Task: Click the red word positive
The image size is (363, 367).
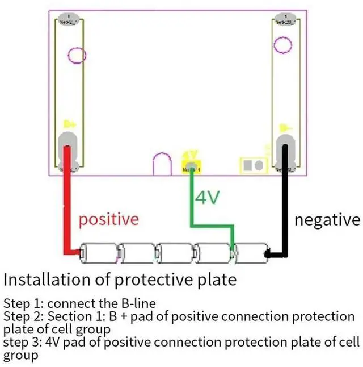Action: pos(108,219)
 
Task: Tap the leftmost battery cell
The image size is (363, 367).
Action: pos(99,253)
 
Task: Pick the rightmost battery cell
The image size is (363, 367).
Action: pos(251,253)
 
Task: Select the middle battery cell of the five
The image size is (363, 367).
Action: pos(175,253)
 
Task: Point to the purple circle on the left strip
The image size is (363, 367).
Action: pos(77,55)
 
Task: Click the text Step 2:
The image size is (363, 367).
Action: pos(23,316)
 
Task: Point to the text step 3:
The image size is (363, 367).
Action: pos(22,343)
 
